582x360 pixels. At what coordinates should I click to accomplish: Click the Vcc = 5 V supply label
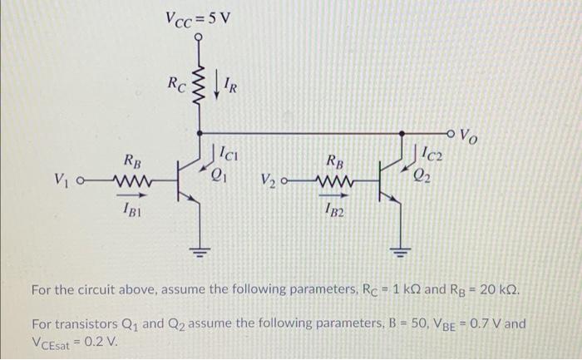point(199,15)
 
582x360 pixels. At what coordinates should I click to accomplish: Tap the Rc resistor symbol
point(199,83)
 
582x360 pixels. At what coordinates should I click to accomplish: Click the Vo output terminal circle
point(452,132)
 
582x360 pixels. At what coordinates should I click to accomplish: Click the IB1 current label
point(131,211)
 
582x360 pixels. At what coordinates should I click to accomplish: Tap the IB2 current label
point(333,211)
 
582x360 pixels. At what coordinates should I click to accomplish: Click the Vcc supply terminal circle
point(199,36)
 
